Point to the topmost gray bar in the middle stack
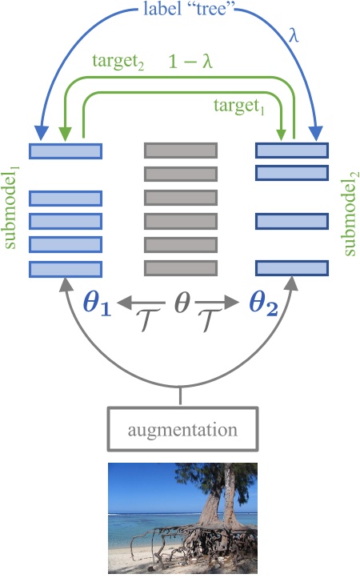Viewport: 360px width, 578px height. [x=180, y=150]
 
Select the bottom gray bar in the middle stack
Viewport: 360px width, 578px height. [x=180, y=267]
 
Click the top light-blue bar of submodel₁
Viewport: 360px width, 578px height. [x=65, y=151]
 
